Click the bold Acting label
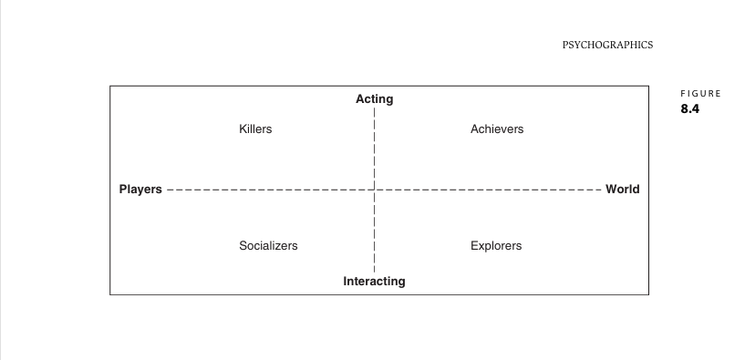375,99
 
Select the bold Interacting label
375,281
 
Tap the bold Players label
140,190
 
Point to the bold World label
623,190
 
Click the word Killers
255,129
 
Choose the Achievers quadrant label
497,129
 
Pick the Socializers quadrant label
268,246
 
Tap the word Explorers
496,246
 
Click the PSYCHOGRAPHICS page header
607,46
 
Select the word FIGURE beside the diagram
701,94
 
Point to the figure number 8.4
690,108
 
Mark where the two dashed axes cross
375,190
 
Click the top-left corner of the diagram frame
110,86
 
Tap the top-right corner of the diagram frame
648,86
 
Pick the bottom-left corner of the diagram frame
110,294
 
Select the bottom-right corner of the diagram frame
648,294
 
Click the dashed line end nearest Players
168,190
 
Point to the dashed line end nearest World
601,190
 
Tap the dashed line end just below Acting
375,108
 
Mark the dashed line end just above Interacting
375,273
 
